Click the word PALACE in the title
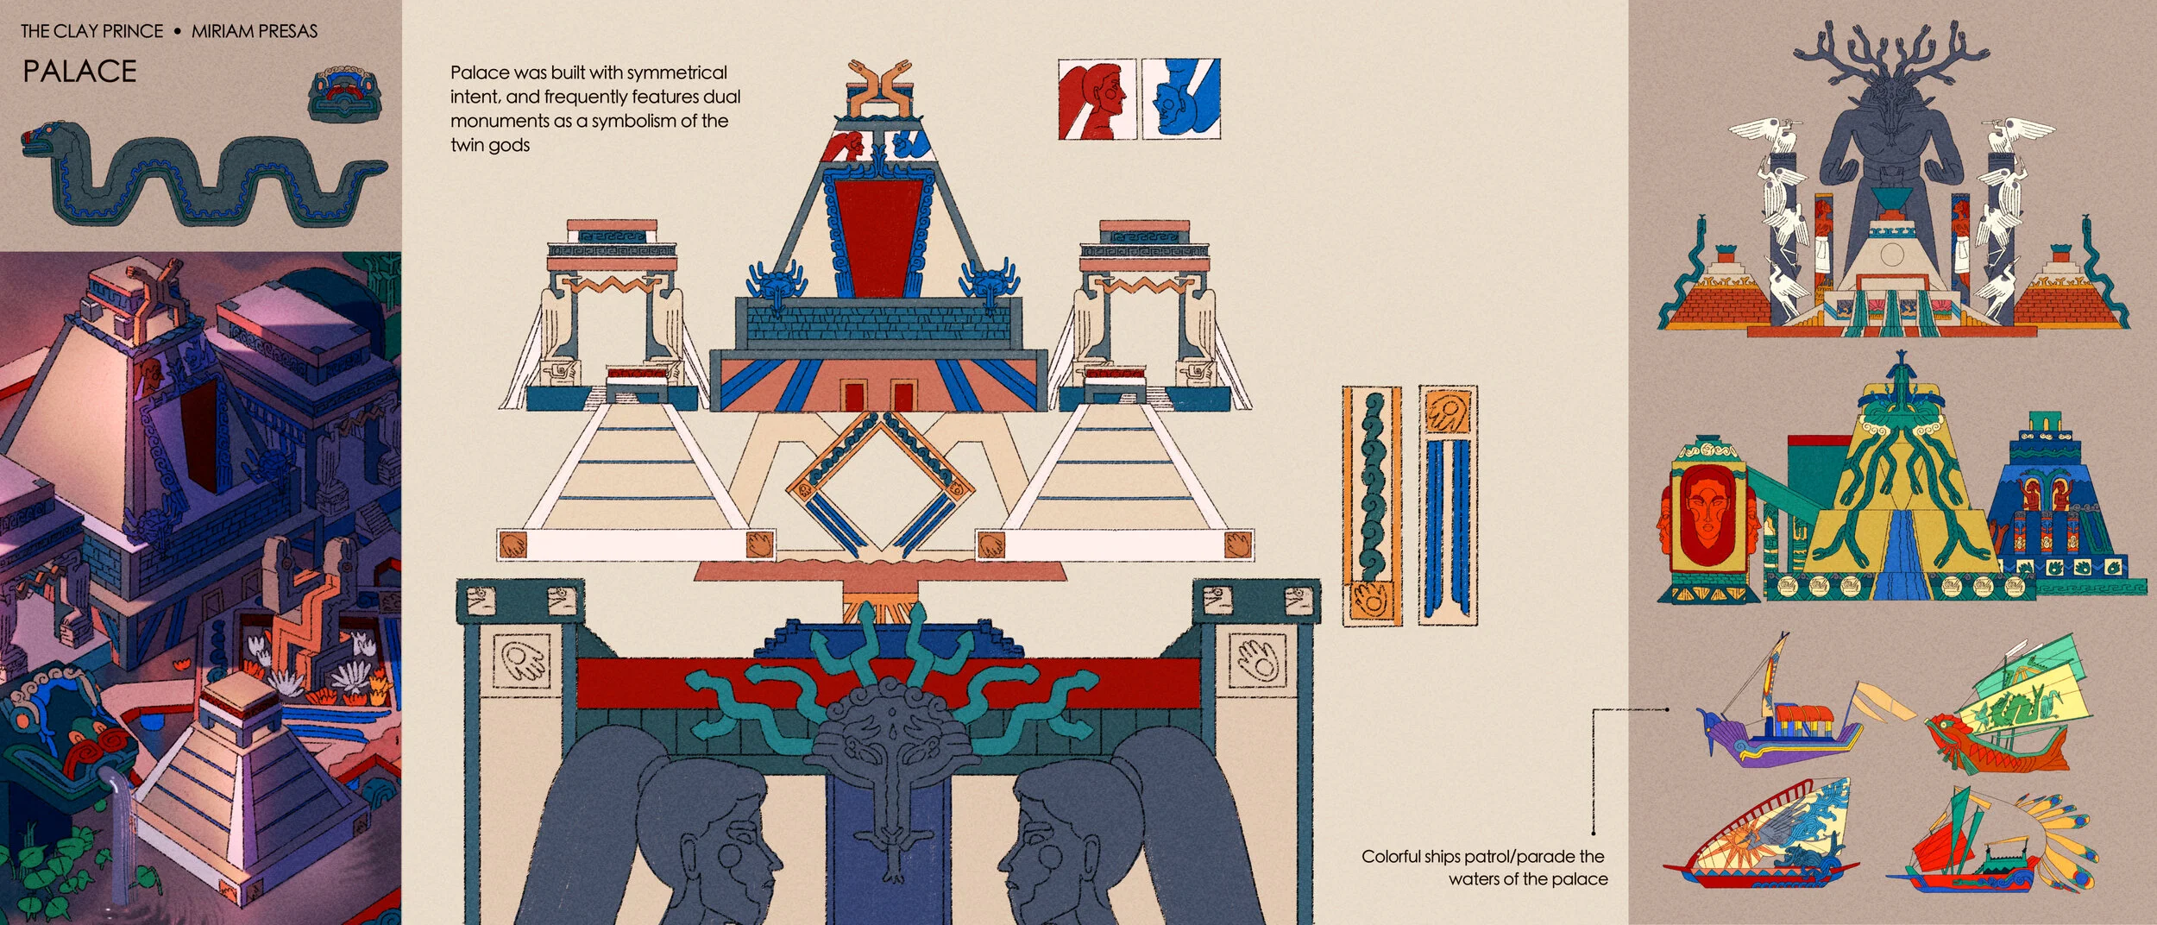(x=79, y=71)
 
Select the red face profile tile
(x=1096, y=98)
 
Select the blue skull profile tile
(x=1181, y=98)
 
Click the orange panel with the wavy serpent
(x=1371, y=505)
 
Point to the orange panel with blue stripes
(x=1447, y=505)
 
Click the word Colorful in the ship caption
(x=1391, y=857)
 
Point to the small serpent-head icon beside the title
(x=344, y=93)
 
